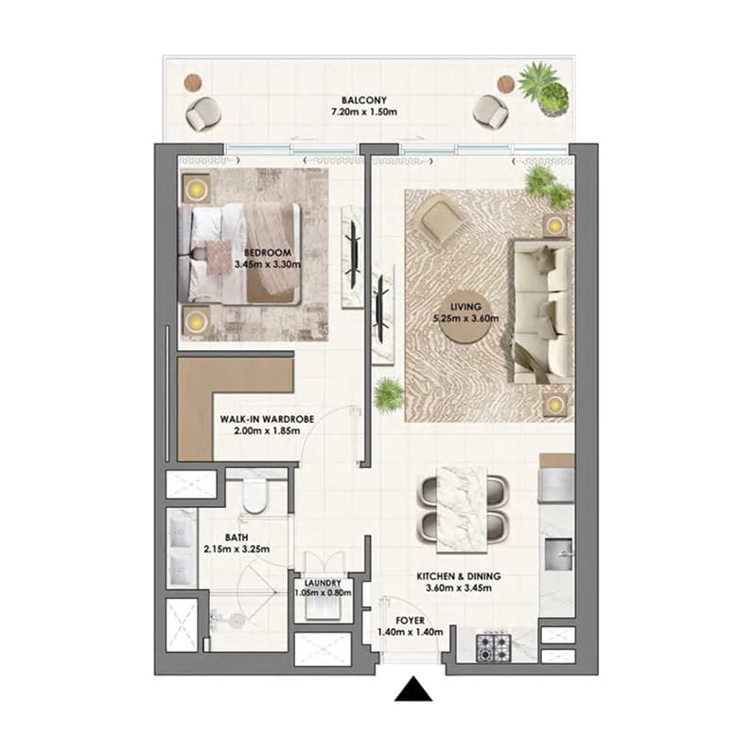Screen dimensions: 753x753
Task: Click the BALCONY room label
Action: tap(363, 100)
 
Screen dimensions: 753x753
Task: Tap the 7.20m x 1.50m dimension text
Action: tap(364, 113)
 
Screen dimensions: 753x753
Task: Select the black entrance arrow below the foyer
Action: tap(413, 689)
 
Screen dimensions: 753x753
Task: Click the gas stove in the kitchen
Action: tap(493, 647)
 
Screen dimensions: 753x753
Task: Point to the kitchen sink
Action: tap(559, 554)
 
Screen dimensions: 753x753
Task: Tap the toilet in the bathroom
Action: tap(254, 495)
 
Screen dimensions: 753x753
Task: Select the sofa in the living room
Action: tap(542, 311)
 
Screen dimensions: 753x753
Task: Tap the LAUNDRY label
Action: tap(323, 583)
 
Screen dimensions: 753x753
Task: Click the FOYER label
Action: tap(411, 621)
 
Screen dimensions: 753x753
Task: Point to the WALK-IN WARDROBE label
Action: tap(267, 419)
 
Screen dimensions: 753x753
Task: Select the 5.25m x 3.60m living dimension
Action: tap(465, 318)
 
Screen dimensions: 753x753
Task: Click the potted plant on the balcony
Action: tap(544, 89)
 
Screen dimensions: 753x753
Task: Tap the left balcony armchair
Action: tap(202, 113)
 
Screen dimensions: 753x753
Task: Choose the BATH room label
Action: tap(236, 537)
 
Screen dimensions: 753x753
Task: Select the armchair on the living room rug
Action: tap(443, 221)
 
